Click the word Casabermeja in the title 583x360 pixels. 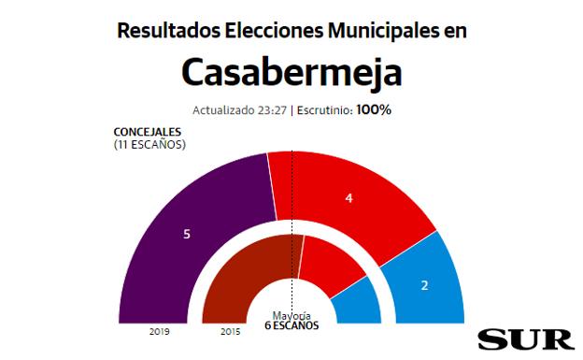coord(291,71)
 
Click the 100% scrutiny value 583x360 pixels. coord(373,109)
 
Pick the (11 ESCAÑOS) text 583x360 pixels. coord(149,144)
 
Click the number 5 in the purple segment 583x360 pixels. coord(187,234)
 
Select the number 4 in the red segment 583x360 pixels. coord(348,198)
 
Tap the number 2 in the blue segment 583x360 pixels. coord(424,284)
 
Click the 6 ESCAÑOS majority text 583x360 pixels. coord(291,326)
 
